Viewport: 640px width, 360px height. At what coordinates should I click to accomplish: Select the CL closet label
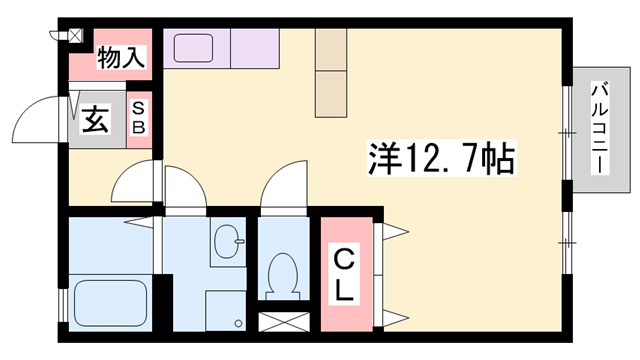tap(342, 275)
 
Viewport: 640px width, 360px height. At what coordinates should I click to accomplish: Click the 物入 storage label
tap(120, 59)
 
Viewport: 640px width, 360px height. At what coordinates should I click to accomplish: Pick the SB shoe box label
tap(140, 119)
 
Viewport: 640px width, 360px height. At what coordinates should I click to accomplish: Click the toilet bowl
tap(281, 273)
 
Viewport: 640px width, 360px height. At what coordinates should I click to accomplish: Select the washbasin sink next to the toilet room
tap(229, 242)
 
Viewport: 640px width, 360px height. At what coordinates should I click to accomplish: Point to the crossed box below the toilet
tap(282, 323)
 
